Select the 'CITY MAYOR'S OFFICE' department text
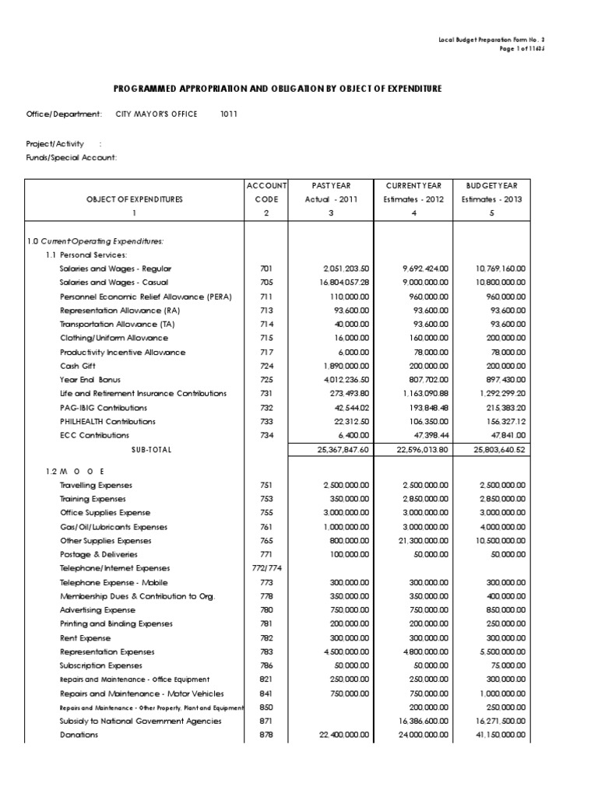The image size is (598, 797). coord(161,114)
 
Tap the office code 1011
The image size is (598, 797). coord(228,114)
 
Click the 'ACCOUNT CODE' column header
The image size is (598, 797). coord(266,192)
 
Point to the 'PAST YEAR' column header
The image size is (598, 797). coord(332,185)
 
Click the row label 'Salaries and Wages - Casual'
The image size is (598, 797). coord(114,283)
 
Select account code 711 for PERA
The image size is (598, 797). coord(266,297)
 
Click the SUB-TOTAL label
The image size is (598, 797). coord(151,450)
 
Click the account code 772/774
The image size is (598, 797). coord(266,568)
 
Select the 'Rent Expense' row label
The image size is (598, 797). coord(86,637)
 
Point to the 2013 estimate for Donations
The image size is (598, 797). coord(498,736)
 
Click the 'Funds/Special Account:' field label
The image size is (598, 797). coord(72,157)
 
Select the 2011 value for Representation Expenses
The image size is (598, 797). coord(345,651)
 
